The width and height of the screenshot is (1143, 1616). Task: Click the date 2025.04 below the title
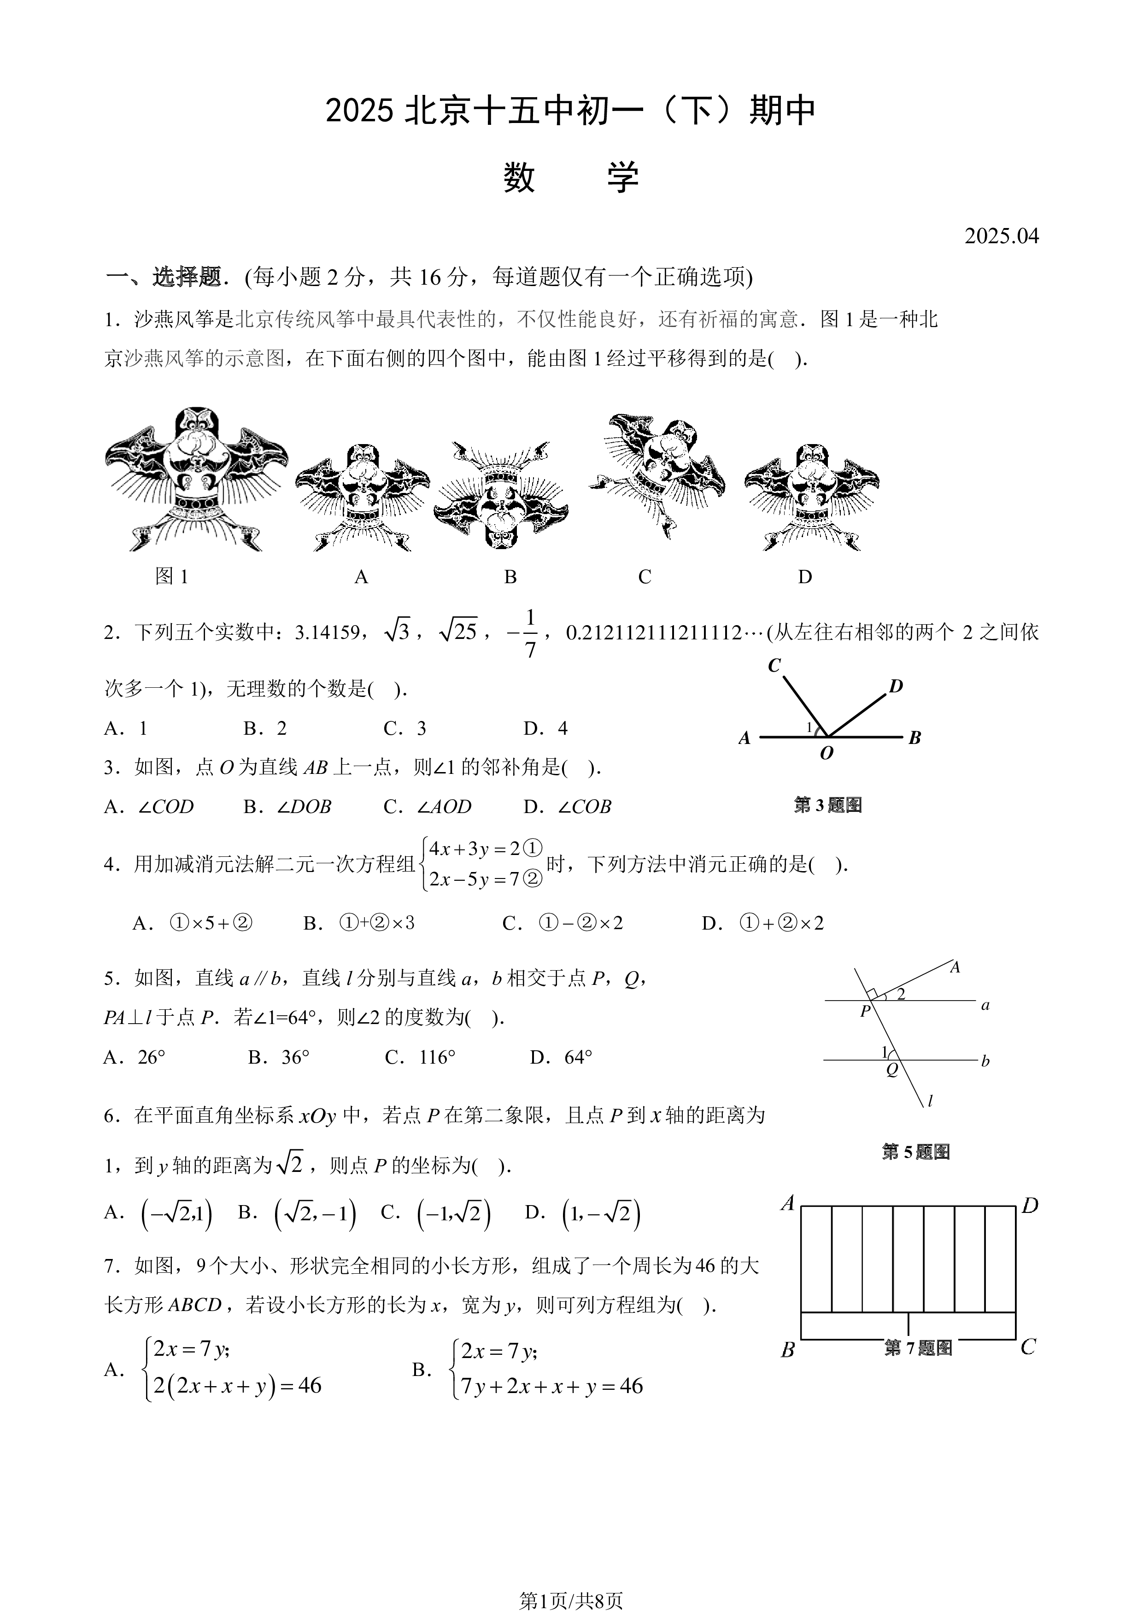(1002, 236)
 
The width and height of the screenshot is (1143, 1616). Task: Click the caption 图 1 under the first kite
(172, 576)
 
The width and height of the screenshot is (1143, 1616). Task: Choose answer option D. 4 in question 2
(545, 728)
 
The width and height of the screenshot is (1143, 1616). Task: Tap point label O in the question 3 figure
(826, 753)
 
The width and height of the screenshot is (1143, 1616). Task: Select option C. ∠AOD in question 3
(427, 807)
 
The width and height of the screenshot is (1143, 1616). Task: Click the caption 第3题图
(828, 805)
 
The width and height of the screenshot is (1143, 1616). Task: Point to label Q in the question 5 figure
(892, 1071)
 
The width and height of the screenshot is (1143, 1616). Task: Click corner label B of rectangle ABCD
(788, 1350)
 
